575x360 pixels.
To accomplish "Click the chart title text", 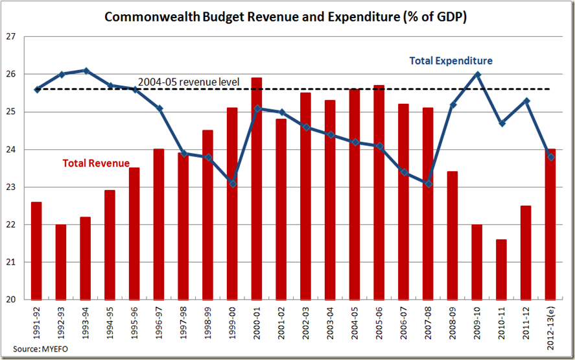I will tap(287, 16).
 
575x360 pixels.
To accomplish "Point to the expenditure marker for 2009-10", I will tap(477, 74).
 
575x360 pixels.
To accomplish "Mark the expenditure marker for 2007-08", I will tap(428, 184).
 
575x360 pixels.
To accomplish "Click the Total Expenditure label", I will tap(451, 61).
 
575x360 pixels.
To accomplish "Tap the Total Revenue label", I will tap(96, 163).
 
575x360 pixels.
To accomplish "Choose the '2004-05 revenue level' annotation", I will tap(189, 82).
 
